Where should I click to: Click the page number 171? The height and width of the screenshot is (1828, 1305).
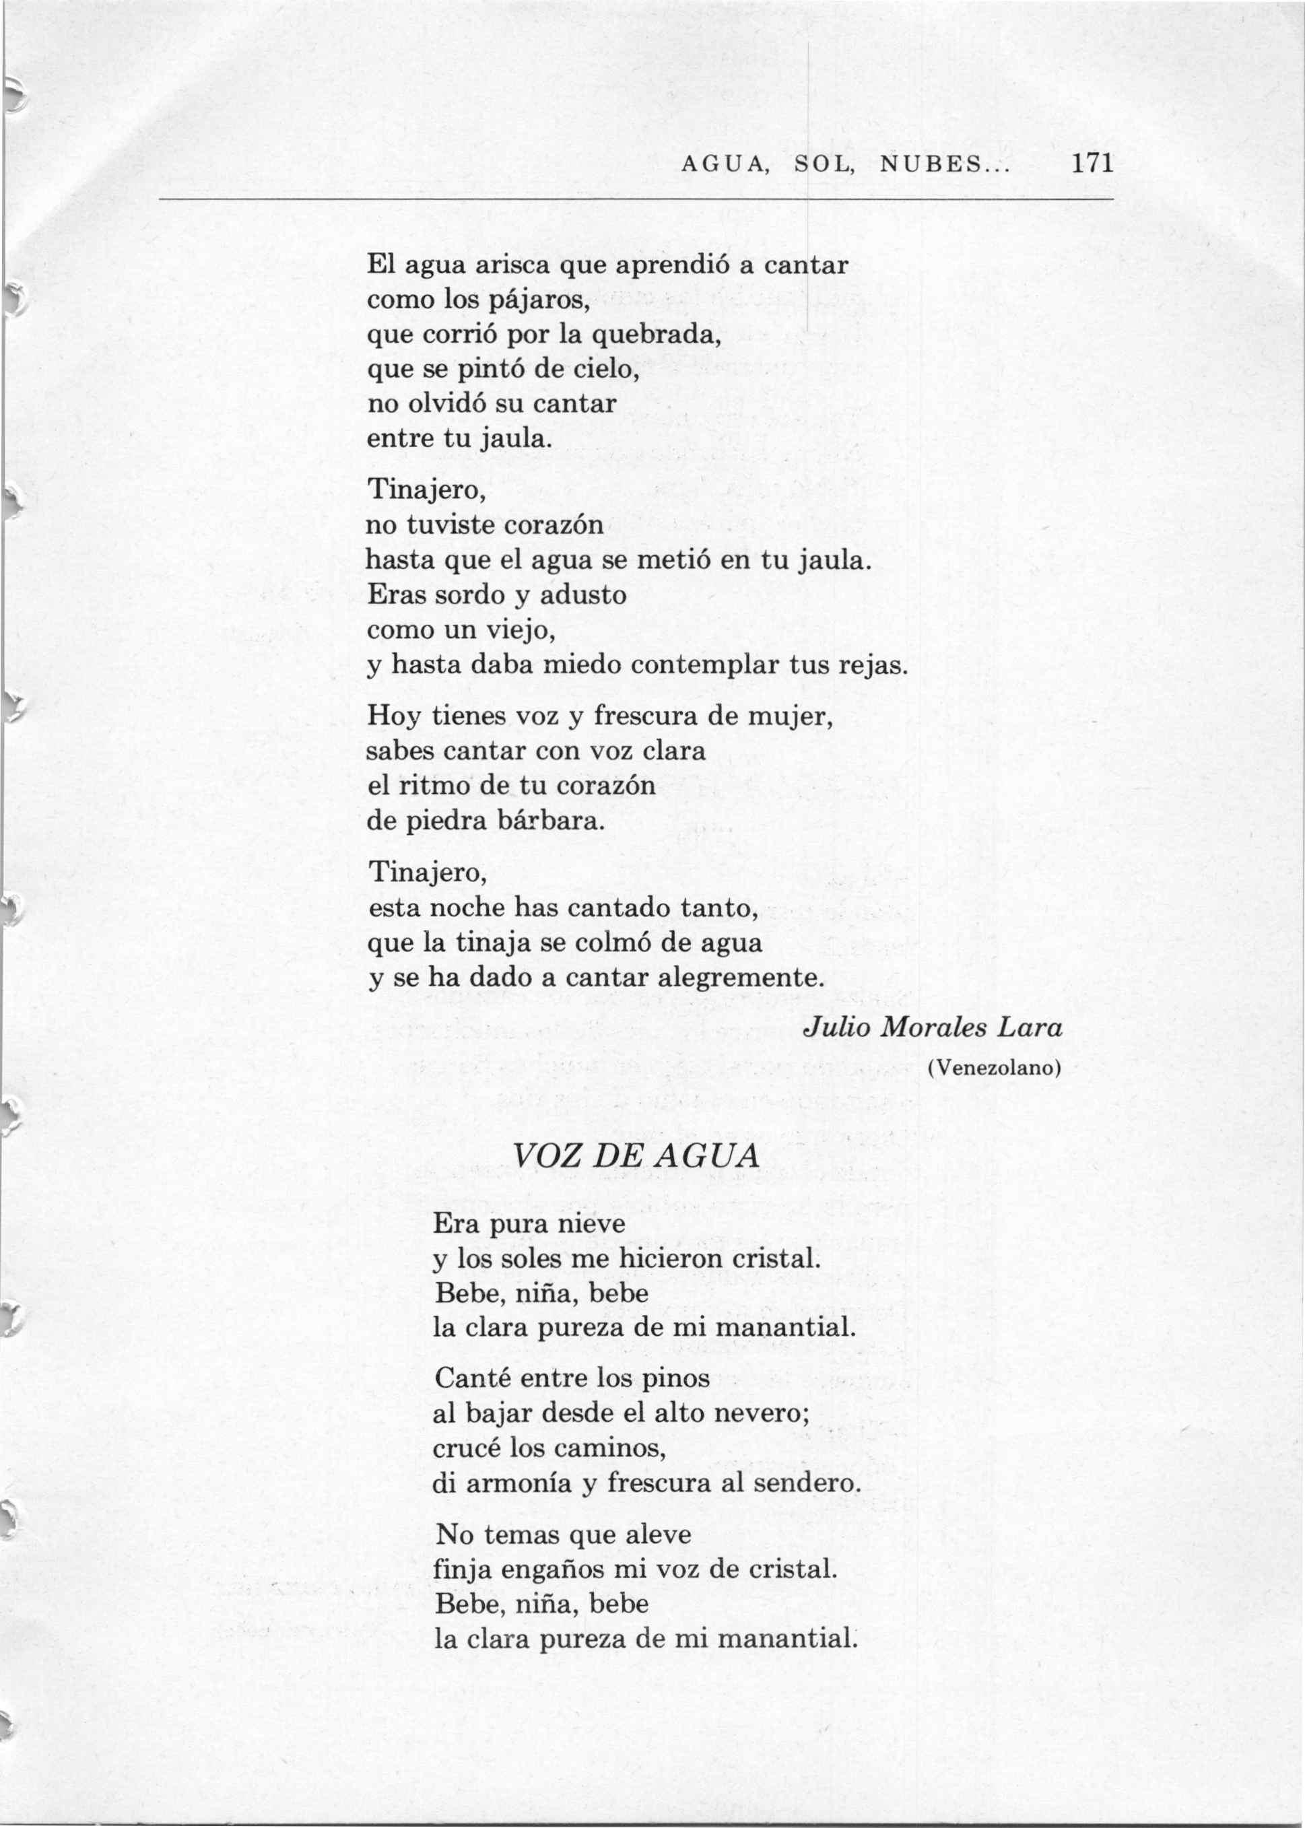[1092, 164]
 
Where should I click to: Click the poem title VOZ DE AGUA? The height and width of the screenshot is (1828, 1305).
[636, 1156]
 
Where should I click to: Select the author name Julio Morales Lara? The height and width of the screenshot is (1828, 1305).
[933, 1029]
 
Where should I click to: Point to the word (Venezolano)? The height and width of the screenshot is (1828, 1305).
[994, 1069]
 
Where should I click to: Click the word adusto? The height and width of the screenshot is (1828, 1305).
[582, 595]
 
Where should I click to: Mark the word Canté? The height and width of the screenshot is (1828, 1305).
[470, 1379]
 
